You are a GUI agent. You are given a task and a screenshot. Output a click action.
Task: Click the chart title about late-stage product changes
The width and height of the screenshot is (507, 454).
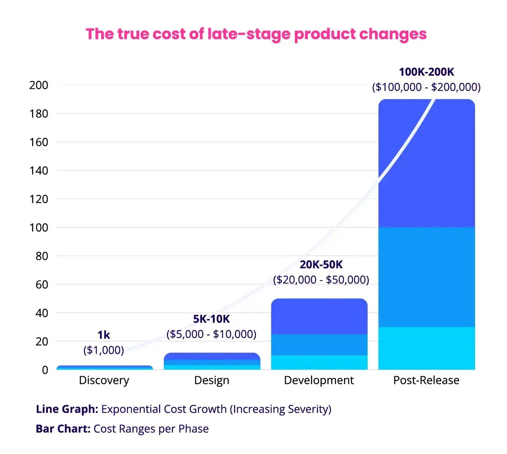[x=256, y=34]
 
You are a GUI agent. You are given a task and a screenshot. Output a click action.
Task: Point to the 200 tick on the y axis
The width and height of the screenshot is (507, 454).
[x=39, y=85]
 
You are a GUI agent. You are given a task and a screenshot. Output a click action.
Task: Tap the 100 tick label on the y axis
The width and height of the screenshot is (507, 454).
[x=39, y=227]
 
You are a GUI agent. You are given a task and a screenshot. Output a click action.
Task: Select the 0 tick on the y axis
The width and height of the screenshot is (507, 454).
[x=45, y=370]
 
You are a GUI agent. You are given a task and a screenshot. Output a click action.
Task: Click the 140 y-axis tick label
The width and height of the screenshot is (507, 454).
[x=39, y=171]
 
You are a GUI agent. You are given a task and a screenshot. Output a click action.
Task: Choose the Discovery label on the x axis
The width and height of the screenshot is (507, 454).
[x=104, y=380]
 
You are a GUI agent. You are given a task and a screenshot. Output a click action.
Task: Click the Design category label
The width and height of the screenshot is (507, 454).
[x=212, y=380]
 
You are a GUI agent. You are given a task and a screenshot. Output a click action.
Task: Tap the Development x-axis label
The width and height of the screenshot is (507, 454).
[x=319, y=380]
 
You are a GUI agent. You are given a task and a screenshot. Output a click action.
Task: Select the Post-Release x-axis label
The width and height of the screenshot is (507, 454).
[x=426, y=380]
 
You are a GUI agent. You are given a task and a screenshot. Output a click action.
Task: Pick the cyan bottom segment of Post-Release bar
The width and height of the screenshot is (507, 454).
[x=426, y=349]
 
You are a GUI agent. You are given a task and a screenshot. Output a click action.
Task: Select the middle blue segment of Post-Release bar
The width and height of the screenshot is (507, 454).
[x=426, y=277]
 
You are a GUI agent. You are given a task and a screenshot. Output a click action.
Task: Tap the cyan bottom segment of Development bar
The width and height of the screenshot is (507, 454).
[x=319, y=363]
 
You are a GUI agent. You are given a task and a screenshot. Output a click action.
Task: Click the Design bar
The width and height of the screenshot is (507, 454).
[x=212, y=362]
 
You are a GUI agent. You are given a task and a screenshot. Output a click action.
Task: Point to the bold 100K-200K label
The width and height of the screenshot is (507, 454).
[x=426, y=72]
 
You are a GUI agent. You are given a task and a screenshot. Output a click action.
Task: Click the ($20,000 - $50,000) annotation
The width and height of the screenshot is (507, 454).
[x=321, y=280]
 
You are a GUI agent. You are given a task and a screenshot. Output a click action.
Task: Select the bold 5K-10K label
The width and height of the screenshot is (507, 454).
[x=211, y=319]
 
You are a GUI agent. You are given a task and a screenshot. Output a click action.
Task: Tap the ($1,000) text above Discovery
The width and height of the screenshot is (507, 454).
[x=104, y=350]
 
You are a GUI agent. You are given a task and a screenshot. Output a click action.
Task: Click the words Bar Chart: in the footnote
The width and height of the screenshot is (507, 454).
[x=63, y=429]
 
